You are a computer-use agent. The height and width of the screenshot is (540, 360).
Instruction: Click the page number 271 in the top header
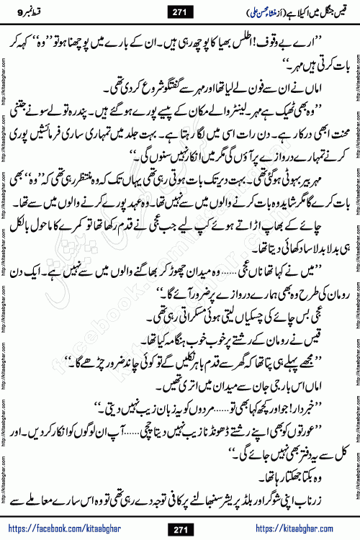coord(181,11)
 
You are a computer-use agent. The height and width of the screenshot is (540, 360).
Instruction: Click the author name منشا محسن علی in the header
coord(228,11)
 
